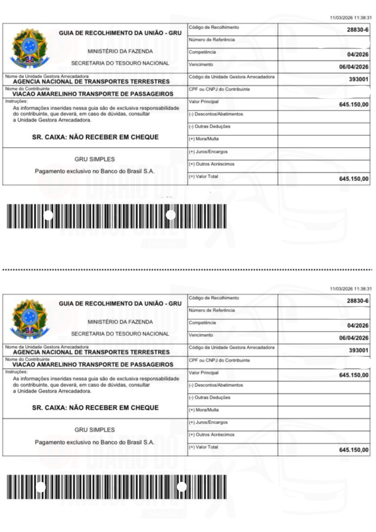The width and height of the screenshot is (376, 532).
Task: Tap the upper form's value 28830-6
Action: coord(357,30)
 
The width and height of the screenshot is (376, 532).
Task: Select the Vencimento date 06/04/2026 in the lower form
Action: coord(354,338)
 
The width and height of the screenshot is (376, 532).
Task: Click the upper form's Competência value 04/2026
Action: coord(358,55)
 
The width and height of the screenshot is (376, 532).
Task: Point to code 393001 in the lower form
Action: coord(358,350)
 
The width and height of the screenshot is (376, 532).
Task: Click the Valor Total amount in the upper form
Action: coord(354,179)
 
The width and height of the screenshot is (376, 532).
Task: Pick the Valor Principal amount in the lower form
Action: coord(354,375)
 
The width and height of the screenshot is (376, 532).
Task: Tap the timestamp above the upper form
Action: coord(350,18)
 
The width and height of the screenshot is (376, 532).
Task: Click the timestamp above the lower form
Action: coord(350,289)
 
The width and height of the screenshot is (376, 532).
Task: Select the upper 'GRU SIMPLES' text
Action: coord(95,159)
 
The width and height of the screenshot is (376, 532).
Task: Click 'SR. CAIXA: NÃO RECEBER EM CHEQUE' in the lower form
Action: coord(95,408)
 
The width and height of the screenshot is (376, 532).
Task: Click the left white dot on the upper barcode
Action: coord(48,215)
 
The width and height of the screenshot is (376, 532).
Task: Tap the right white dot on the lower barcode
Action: coord(182,487)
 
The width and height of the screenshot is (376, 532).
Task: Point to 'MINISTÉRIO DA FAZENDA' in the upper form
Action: coord(120,51)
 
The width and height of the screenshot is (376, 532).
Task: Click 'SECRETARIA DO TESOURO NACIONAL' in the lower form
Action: coord(120,334)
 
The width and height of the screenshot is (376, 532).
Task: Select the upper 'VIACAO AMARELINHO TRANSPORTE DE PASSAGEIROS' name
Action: coord(93,94)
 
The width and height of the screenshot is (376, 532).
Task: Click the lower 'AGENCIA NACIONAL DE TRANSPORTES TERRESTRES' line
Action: coord(91,352)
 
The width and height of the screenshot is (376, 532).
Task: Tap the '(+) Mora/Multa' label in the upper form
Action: coord(204,139)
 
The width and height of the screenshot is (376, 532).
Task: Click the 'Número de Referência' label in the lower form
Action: coord(212,310)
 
